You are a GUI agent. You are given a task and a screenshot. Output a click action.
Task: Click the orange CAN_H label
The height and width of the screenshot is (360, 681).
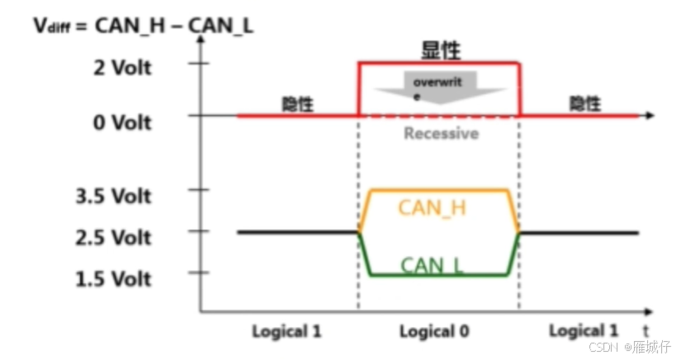click(x=432, y=207)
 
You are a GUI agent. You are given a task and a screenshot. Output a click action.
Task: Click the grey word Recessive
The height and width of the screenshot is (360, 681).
click(x=441, y=133)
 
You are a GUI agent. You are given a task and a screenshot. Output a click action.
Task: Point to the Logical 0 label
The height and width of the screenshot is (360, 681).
click(x=434, y=331)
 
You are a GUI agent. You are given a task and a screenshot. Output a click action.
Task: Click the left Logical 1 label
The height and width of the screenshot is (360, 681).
click(x=286, y=331)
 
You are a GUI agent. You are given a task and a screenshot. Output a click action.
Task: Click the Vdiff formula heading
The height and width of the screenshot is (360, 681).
click(x=144, y=24)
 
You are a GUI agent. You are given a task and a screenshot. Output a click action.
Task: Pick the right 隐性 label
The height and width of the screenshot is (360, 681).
click(x=585, y=105)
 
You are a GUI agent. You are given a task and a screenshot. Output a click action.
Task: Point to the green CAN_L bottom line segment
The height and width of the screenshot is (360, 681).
click(x=437, y=275)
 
